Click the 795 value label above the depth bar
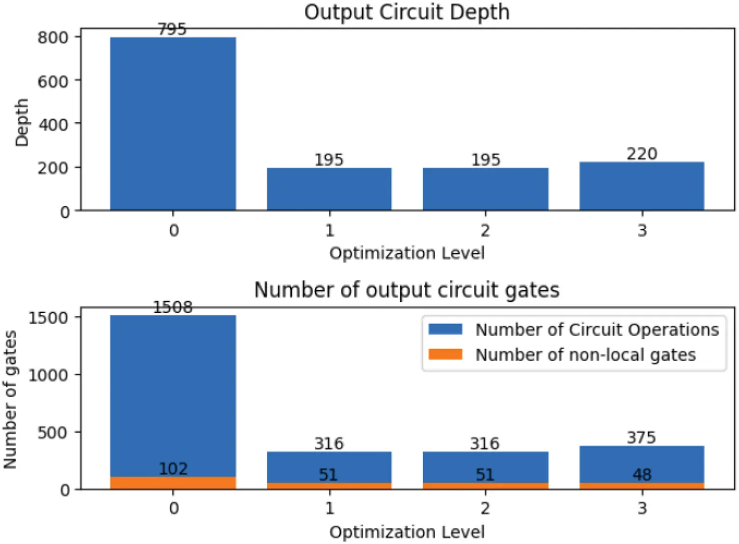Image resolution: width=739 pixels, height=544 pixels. click(172, 29)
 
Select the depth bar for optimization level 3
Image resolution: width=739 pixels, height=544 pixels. click(641, 186)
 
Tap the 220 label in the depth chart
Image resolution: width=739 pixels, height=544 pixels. click(641, 154)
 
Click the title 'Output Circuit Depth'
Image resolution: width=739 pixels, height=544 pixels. click(407, 12)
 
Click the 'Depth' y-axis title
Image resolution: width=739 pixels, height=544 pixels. click(22, 123)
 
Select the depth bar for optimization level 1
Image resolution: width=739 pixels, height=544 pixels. click(329, 189)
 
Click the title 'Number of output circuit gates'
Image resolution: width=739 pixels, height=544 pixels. click(407, 290)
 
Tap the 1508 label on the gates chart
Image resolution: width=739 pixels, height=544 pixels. click(172, 307)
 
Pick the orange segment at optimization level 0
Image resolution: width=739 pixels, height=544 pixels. click(172, 484)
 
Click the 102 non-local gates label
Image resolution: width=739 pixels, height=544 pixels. click(173, 468)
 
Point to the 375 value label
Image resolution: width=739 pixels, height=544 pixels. click(641, 437)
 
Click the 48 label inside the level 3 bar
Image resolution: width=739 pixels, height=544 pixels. click(642, 474)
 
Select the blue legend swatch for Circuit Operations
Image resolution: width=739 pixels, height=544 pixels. click(445, 329)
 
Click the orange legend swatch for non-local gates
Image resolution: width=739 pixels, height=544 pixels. click(445, 354)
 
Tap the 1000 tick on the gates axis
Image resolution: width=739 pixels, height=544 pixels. click(48, 375)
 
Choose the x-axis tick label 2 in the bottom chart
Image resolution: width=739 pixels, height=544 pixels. click(485, 508)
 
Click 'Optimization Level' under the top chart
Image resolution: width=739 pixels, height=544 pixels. click(407, 253)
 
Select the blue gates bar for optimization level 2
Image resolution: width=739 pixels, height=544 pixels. click(485, 466)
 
